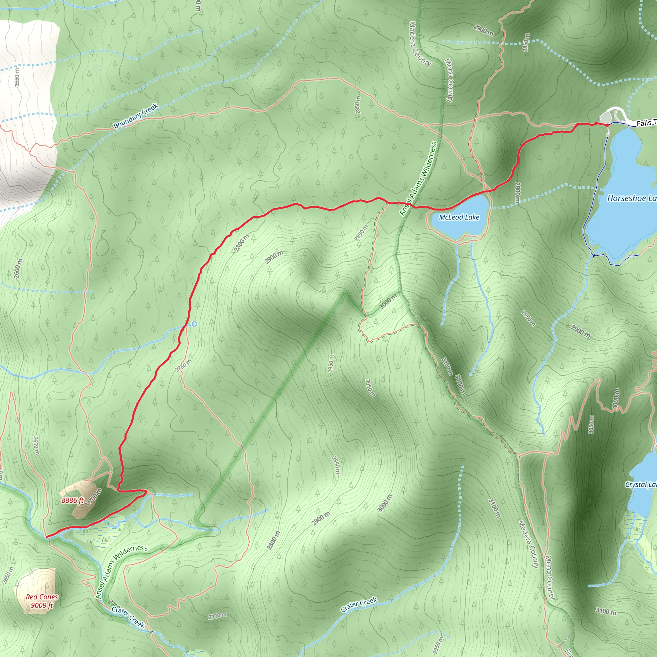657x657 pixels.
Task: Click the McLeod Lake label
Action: pos(459,217)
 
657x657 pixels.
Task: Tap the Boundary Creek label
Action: pos(136,116)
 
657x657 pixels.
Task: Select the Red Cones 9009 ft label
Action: pos(42,601)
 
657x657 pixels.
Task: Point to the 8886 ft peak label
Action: pos(73,500)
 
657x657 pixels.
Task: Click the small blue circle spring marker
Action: pos(194,324)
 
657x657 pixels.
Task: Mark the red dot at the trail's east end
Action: pos(607,125)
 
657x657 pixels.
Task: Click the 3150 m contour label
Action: pos(447,366)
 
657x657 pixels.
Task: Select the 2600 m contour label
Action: pos(18,268)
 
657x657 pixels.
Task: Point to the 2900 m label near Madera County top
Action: pos(483,30)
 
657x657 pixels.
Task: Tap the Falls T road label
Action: pos(646,123)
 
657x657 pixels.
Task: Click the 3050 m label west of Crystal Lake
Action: pos(591,424)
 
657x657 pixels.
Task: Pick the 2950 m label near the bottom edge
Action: pos(438,645)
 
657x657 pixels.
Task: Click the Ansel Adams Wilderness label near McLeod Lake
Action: pos(418,179)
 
